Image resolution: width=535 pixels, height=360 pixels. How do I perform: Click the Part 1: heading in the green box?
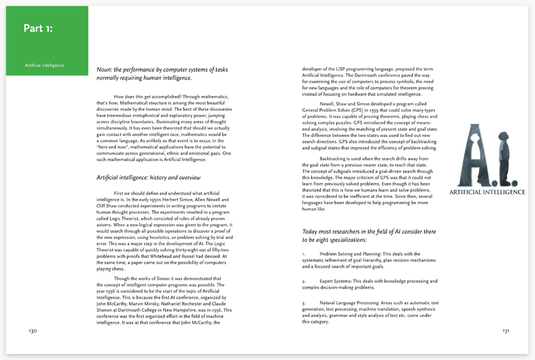click(38, 28)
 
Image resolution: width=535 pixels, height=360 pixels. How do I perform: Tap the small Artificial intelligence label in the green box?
click(44, 65)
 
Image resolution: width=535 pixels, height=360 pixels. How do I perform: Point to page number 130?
click(29, 331)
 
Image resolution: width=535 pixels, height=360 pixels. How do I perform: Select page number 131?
click(506, 331)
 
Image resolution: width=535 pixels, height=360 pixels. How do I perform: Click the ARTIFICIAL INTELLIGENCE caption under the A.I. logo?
click(487, 192)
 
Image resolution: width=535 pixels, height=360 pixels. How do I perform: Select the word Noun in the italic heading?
click(104, 70)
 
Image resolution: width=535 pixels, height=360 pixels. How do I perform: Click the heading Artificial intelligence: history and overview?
click(148, 177)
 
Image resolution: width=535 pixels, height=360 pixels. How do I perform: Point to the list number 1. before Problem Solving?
click(304, 254)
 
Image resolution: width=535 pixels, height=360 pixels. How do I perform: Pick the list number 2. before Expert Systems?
click(304, 281)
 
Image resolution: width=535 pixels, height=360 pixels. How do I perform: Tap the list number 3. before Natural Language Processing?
click(304, 303)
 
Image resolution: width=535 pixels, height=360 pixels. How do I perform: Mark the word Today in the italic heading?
click(311, 231)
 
